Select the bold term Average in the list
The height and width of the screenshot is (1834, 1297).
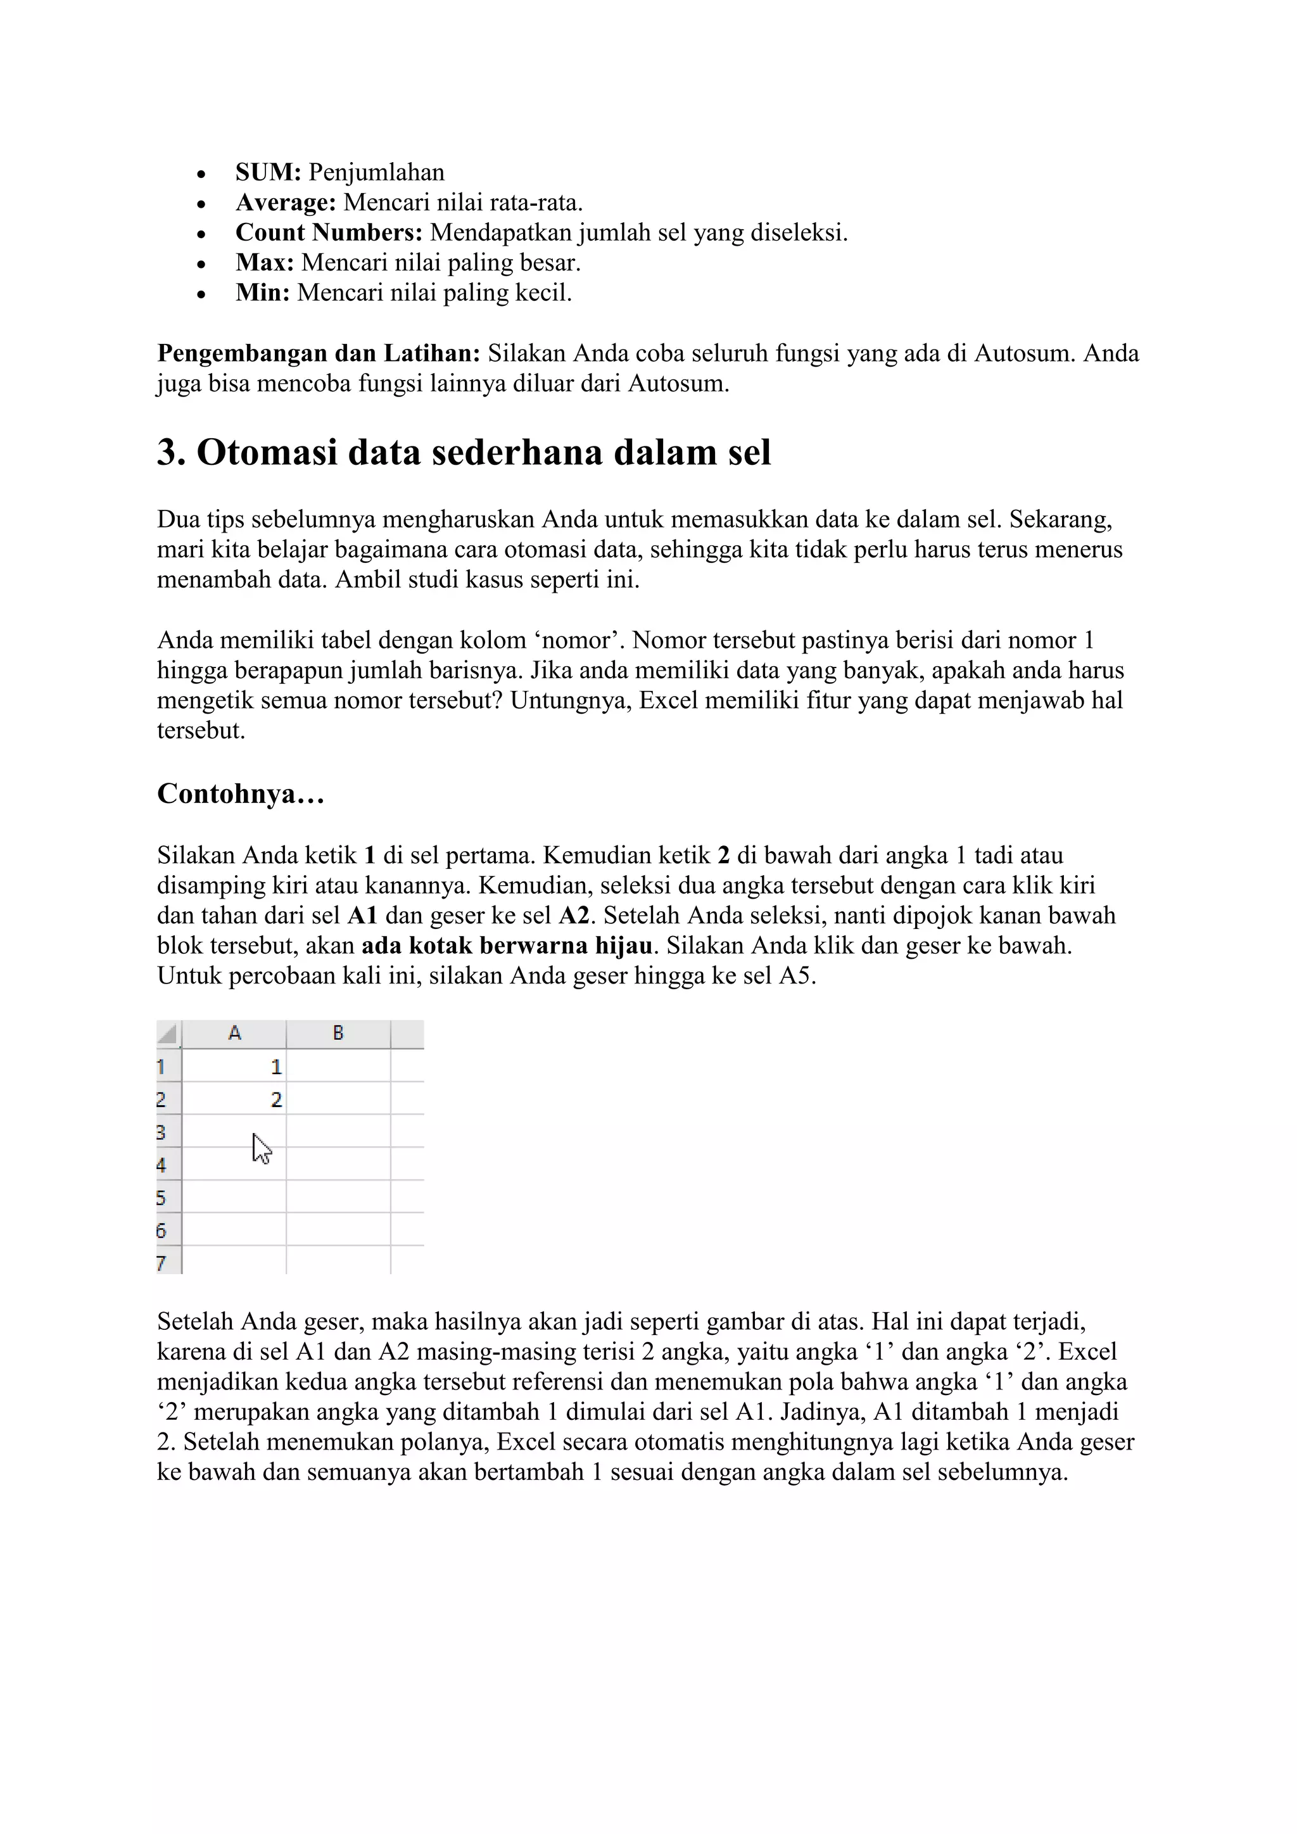tap(285, 203)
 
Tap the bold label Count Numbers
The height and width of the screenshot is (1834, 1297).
tap(328, 232)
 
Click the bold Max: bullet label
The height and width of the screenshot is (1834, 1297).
tap(264, 263)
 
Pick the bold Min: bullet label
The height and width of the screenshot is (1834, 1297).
tap(262, 293)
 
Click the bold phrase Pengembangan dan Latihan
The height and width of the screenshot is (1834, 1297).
tap(318, 353)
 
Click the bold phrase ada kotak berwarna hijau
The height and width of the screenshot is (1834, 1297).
tap(507, 945)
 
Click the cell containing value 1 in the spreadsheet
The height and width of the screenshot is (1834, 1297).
tap(235, 1067)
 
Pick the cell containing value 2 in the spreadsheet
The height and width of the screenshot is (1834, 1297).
tap(235, 1100)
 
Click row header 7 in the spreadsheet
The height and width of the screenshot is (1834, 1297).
tap(162, 1263)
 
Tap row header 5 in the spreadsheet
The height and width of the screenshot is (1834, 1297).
tap(162, 1198)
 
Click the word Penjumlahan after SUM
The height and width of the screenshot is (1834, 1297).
tap(376, 172)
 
